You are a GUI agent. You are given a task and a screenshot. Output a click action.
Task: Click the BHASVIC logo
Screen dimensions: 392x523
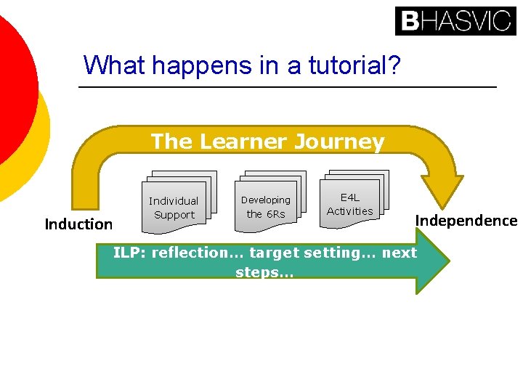point(455,20)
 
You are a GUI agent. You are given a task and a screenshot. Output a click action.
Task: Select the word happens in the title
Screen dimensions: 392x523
point(196,66)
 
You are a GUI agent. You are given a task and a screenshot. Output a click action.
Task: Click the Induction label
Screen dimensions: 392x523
point(78,224)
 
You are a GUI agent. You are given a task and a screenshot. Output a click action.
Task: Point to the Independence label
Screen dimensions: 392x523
point(466,221)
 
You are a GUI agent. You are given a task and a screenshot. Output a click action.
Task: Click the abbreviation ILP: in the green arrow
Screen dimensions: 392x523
point(130,253)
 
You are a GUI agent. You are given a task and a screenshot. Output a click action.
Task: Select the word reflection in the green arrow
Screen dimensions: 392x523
point(188,253)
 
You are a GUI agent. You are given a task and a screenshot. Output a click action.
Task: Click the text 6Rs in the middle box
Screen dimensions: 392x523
point(276,214)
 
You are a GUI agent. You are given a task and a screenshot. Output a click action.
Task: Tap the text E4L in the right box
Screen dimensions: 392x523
point(350,197)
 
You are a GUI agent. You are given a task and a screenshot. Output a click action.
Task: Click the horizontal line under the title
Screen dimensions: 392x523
point(287,88)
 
